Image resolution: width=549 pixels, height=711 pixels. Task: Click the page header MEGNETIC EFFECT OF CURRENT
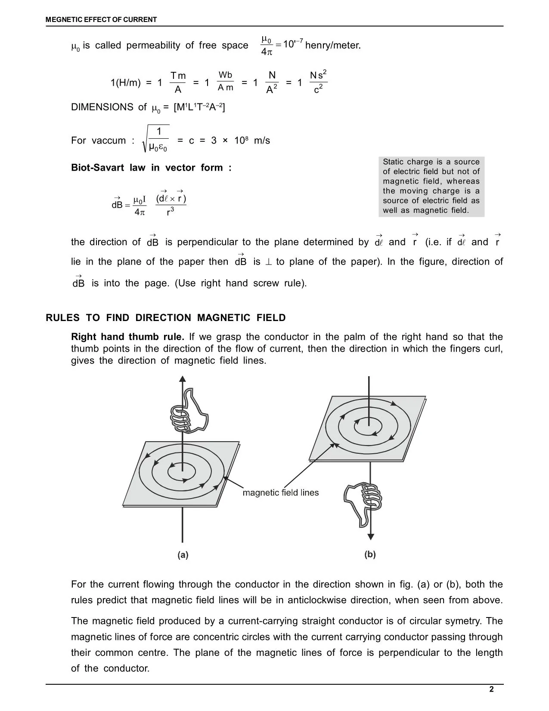[x=101, y=19]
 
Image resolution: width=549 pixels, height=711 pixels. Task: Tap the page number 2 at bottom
[x=491, y=689]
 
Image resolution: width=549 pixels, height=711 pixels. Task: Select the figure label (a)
[x=183, y=555]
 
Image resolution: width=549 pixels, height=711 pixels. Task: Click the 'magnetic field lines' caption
[x=281, y=493]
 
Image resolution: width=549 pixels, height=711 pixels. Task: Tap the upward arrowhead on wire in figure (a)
[x=183, y=379]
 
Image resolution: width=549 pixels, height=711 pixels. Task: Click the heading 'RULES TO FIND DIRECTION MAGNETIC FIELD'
[x=166, y=318]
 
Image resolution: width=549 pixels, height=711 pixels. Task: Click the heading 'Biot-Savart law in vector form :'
[x=151, y=168]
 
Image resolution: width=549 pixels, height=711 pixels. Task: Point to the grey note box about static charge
[x=431, y=186]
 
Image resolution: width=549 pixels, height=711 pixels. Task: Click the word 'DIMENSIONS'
[x=102, y=107]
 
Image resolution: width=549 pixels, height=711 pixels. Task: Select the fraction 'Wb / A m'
[x=225, y=81]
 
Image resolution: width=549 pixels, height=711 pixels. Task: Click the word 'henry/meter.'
[x=333, y=45]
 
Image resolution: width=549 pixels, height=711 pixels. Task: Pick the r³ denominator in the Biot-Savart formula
[x=171, y=212]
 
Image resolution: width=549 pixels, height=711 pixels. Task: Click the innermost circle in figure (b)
[x=368, y=427]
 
